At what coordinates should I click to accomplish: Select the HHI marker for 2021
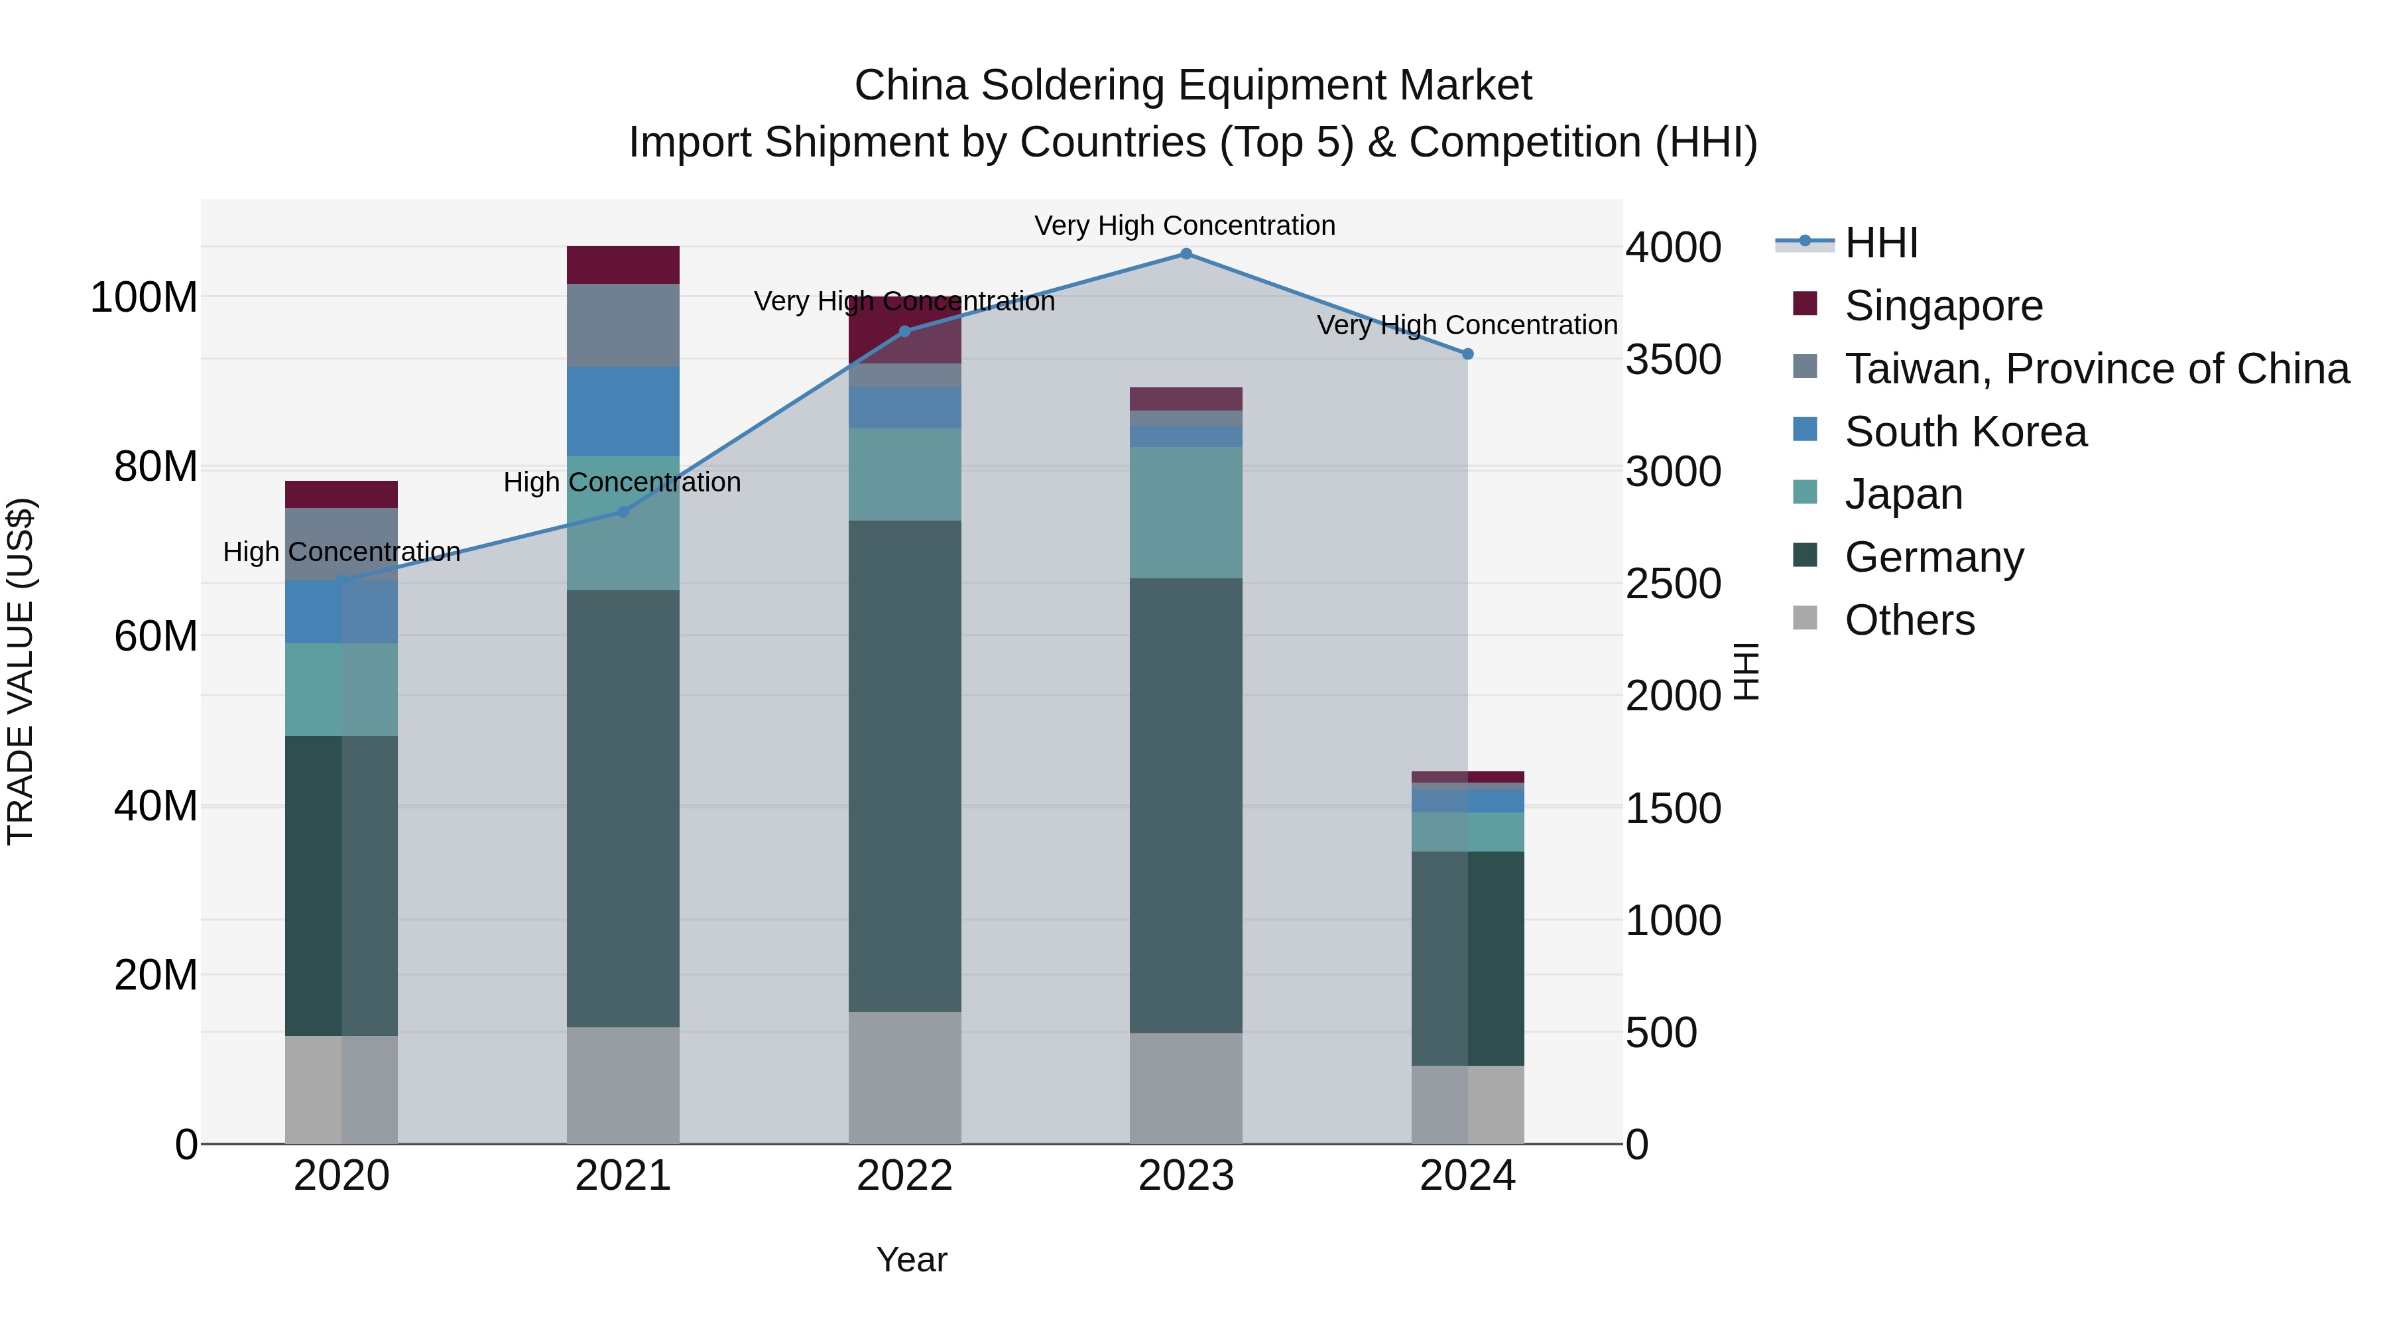(623, 511)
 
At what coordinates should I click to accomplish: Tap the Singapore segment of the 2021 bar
(623, 265)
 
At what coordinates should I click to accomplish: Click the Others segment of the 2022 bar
(904, 1077)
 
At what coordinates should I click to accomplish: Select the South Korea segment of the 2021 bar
(623, 411)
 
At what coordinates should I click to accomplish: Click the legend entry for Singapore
(1943, 305)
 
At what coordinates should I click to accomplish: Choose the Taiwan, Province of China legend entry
(2096, 368)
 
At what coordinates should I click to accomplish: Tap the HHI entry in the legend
(1880, 243)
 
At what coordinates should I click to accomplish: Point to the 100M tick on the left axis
(144, 298)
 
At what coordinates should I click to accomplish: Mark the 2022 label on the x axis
(904, 1176)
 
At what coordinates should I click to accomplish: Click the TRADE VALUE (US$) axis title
(21, 671)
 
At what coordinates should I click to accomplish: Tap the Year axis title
(912, 1259)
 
